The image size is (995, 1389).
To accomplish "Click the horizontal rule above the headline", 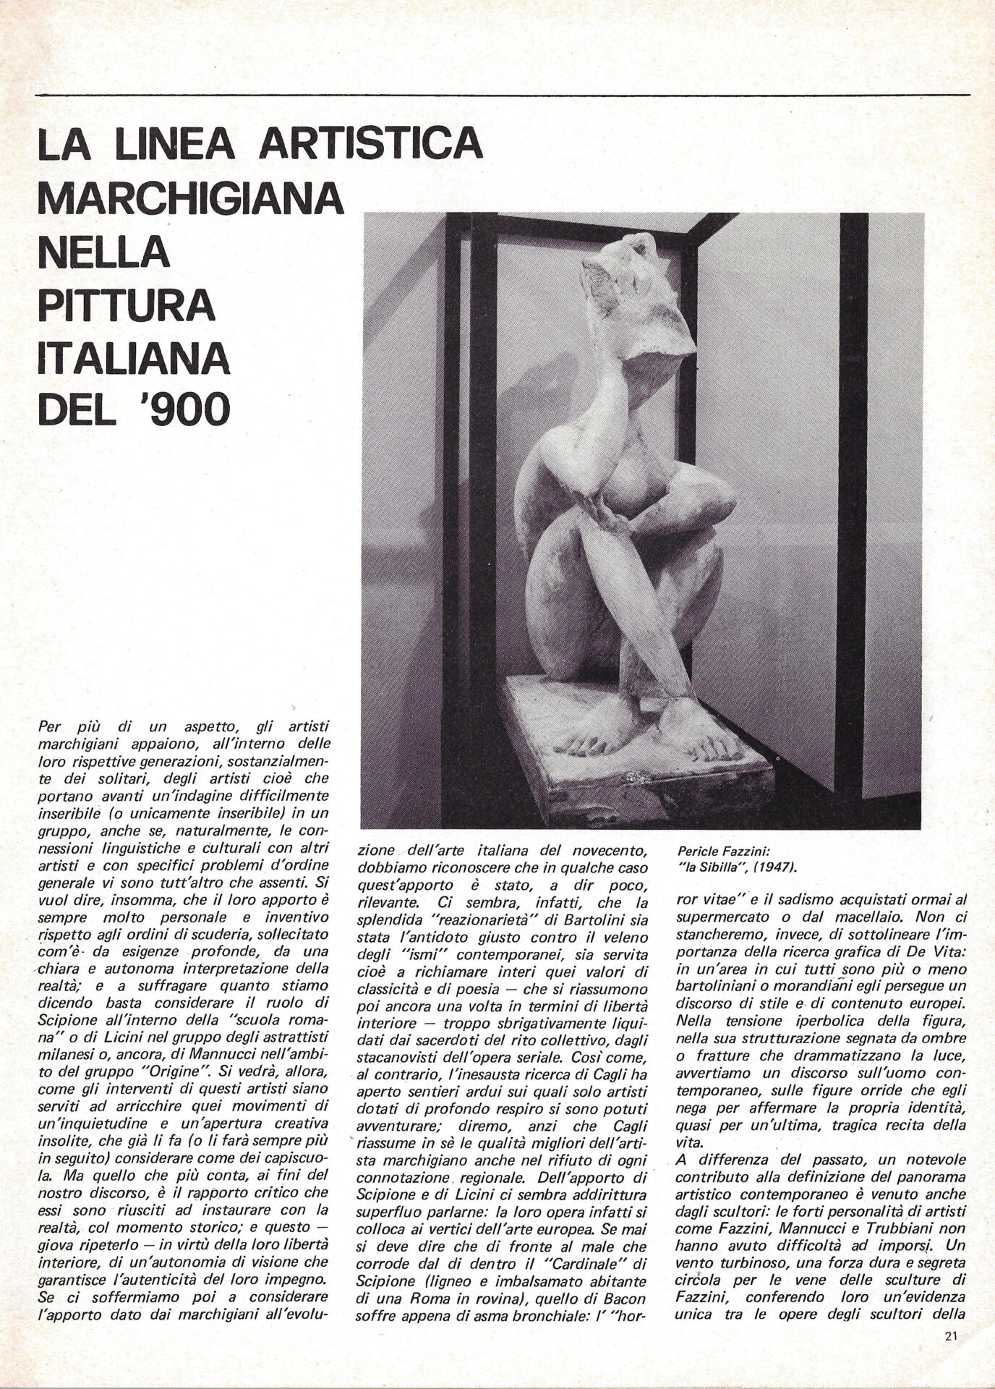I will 502,95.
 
